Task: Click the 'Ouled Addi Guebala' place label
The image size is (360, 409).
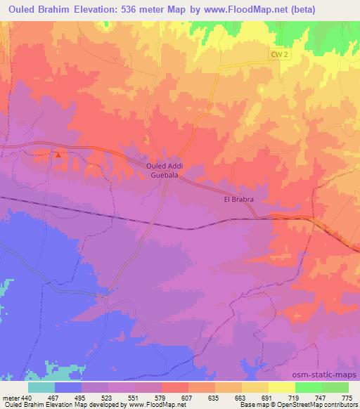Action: (x=165, y=169)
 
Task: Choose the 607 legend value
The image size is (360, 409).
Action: (x=167, y=398)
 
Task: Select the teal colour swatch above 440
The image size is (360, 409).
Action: (x=41, y=387)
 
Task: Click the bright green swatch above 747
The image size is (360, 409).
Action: (x=309, y=387)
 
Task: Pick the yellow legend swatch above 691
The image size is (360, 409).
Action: (x=255, y=387)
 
